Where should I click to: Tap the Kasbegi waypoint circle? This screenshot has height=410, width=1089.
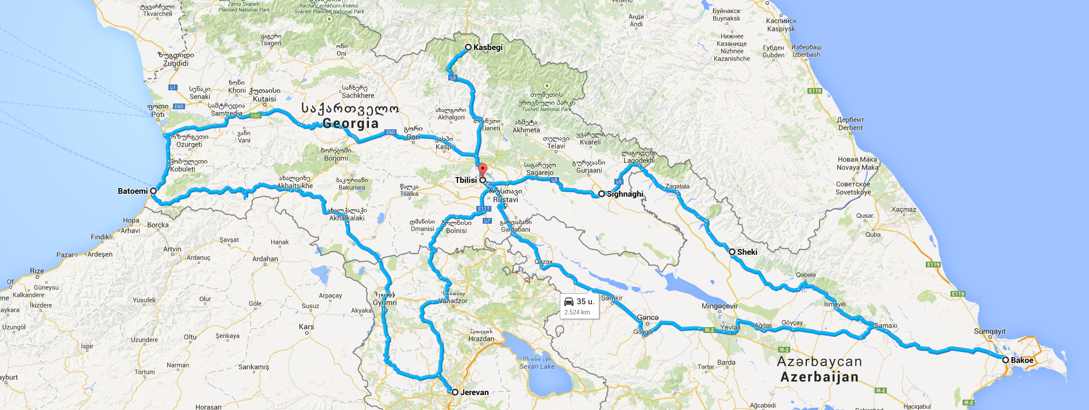pos(468,47)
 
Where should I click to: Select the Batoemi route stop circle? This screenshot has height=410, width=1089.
pos(153,191)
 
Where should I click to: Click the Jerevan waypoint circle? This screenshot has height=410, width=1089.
pos(455,392)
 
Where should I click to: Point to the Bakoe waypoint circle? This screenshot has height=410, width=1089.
pos(1006,360)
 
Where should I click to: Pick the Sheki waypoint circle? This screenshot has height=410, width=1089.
pos(732,252)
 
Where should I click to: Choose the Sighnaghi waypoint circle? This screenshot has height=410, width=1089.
pos(602,194)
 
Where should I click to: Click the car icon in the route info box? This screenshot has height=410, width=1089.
pos(569,302)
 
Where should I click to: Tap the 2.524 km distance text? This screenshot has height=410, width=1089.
pos(577,312)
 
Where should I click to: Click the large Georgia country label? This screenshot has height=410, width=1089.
pos(351,123)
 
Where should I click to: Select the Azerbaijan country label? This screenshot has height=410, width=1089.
pos(819,377)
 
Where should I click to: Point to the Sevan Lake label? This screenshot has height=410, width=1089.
pos(537,366)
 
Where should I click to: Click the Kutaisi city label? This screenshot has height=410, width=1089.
pos(264,99)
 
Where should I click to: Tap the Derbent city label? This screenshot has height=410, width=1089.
pos(851,128)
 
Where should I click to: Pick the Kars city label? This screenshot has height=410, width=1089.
pos(306,327)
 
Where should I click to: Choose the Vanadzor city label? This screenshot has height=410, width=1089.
pos(453,301)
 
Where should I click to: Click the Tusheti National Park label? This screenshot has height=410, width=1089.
pos(547,109)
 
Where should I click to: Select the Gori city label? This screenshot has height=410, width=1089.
pos(413,137)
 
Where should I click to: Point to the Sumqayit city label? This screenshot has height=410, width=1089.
pos(990,331)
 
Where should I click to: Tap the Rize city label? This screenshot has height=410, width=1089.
pos(37,271)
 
